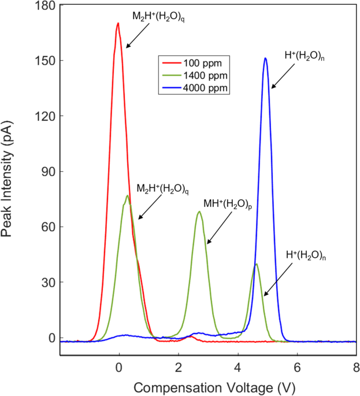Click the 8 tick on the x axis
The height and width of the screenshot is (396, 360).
356,367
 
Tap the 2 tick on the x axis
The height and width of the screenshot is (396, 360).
178,367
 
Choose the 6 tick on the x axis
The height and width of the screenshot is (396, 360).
296,367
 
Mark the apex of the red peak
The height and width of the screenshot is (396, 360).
118,24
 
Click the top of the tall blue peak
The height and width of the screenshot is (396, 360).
265,58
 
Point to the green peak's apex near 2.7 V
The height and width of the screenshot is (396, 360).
199,212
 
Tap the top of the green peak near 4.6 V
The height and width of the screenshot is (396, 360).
256,264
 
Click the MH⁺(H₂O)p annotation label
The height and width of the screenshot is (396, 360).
226,204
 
